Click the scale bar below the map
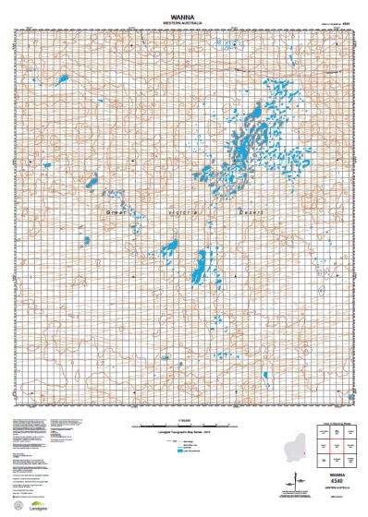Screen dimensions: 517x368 (183, 427)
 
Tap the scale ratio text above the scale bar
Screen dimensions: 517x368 (183, 420)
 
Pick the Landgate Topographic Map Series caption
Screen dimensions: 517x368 (183, 434)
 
